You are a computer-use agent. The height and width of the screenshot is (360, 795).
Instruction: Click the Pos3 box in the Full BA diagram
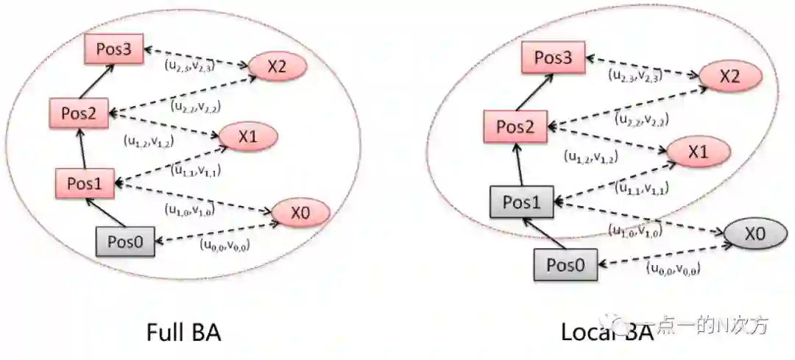[x=113, y=49]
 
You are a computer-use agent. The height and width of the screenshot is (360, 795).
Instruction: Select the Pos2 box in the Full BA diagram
[x=79, y=113]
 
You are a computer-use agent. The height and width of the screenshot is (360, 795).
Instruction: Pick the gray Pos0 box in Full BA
[x=126, y=241]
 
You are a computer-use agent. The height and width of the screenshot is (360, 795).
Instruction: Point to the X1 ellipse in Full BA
[x=247, y=137]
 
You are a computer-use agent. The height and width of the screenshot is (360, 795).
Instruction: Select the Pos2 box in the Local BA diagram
[x=515, y=126]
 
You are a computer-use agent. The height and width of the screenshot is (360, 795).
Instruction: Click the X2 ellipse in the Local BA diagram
[x=729, y=77]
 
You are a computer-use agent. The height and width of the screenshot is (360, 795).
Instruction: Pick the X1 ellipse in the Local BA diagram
[x=698, y=152]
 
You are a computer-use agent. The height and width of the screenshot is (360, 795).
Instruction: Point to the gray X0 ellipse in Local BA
[x=755, y=235]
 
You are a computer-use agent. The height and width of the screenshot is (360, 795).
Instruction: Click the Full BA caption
[x=183, y=333]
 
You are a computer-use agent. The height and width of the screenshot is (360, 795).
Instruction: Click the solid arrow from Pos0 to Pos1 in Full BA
[x=105, y=213]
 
